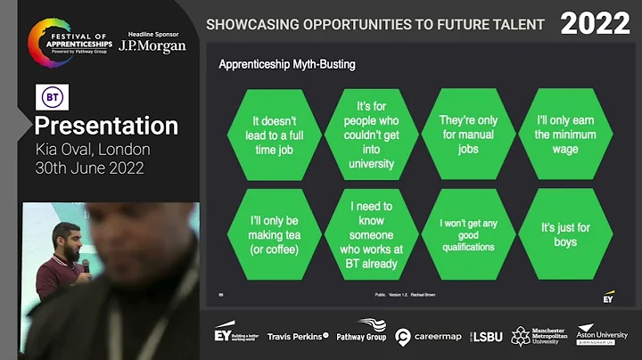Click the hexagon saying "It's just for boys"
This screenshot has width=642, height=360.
pyautogui.click(x=565, y=234)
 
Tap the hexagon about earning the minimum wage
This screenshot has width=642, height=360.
pyautogui.click(x=565, y=135)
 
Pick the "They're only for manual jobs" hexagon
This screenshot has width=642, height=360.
pyautogui.click(x=469, y=135)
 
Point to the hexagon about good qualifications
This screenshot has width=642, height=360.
pyautogui.click(x=469, y=234)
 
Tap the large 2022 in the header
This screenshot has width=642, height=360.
pyautogui.click(x=595, y=24)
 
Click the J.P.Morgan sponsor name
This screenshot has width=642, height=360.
pyautogui.click(x=152, y=46)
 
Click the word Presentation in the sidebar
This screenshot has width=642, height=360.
pyautogui.click(x=106, y=125)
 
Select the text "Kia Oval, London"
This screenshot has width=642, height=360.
pyautogui.click(x=93, y=149)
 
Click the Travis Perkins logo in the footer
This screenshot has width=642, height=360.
pyautogui.click(x=298, y=336)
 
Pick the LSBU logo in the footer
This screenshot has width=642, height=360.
pyautogui.click(x=486, y=336)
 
